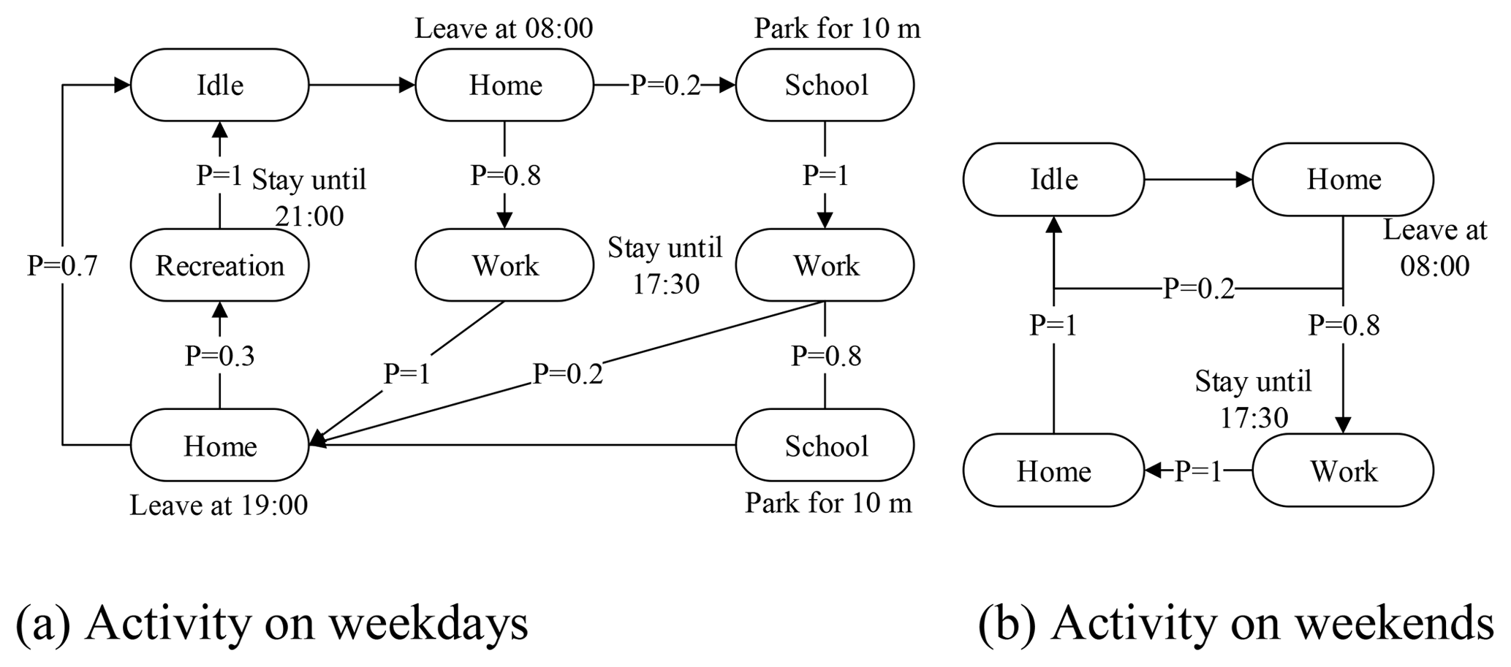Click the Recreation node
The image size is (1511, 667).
(219, 265)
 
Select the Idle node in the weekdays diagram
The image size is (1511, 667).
(219, 85)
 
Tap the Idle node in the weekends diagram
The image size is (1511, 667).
(1053, 179)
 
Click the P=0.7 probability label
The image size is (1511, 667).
(62, 265)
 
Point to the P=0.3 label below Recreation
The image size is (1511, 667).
(219, 356)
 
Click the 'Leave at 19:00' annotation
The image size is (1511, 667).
(219, 505)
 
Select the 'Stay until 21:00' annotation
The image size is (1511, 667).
(308, 197)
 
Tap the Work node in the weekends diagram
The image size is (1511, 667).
(1343, 470)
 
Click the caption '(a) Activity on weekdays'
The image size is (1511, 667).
(271, 623)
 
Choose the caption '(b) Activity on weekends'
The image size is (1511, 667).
(1235, 623)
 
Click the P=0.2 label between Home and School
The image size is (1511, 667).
(664, 85)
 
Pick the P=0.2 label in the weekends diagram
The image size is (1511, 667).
(1198, 289)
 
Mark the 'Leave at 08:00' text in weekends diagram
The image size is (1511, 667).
(1434, 248)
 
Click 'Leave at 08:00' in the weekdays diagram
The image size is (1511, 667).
(504, 28)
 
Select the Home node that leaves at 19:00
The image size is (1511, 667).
(219, 445)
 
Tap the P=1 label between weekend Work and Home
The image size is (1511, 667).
(1198, 471)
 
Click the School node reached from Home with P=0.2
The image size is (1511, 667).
(825, 85)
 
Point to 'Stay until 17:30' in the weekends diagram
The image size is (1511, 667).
(1253, 399)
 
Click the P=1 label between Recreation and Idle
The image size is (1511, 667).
(219, 175)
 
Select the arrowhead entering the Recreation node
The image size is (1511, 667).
(219, 309)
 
